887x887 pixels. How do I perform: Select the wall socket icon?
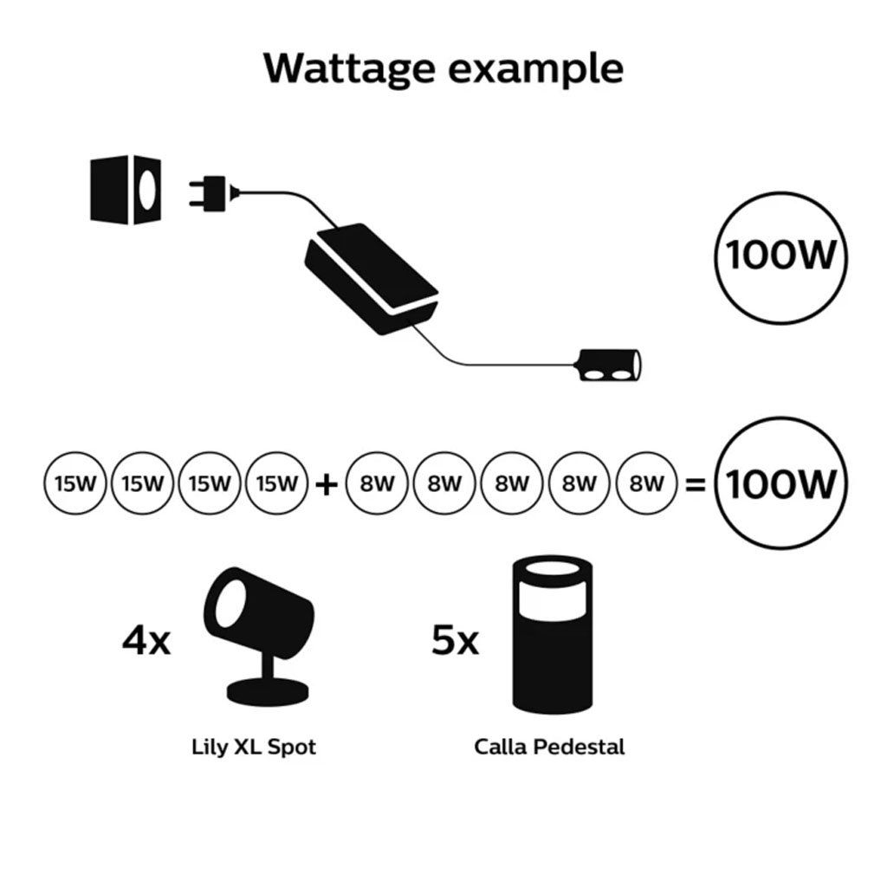point(126,189)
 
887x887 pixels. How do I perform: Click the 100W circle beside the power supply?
point(781,258)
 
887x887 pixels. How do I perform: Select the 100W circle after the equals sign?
point(781,483)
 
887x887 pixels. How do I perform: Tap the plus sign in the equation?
point(326,484)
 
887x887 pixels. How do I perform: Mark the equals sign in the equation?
point(695,484)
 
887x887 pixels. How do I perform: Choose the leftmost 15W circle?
point(74,483)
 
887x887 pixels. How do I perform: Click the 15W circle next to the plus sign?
point(277,483)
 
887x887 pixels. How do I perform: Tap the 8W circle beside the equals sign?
point(646,483)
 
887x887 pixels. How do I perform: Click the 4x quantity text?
point(146,643)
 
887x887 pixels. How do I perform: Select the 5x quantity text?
point(455,641)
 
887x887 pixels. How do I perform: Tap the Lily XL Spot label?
point(254,747)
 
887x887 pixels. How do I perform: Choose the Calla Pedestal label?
point(549,747)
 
